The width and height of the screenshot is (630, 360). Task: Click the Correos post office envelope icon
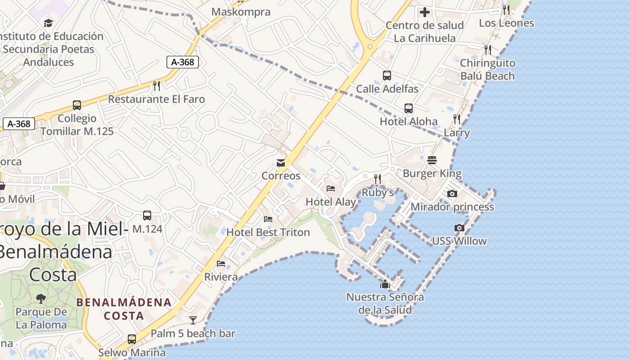tap(281, 162)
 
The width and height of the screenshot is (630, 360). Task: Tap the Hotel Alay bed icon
tap(331, 189)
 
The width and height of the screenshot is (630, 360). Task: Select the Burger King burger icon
tap(432, 160)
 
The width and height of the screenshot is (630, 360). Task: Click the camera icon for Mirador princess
tap(452, 193)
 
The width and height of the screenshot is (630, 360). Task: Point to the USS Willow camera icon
tap(459, 228)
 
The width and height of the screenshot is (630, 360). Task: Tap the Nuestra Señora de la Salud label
tap(385, 303)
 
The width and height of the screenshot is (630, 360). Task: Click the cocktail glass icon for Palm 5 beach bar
tap(193, 320)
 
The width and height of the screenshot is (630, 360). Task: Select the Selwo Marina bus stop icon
tap(132, 339)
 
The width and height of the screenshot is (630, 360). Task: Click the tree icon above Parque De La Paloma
tap(41, 298)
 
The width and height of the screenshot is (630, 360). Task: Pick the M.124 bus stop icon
tap(147, 216)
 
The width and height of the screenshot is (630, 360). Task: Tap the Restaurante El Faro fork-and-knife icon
tap(157, 85)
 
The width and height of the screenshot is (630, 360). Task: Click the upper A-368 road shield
tap(183, 62)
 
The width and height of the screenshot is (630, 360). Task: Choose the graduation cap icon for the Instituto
tap(48, 23)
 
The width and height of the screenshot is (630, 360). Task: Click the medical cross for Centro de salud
tap(424, 12)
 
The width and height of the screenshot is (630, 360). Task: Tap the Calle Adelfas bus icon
tap(387, 76)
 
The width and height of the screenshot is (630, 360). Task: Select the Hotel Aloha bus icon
tap(408, 108)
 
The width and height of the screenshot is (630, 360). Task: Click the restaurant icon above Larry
tap(457, 119)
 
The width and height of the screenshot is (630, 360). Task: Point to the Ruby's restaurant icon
tap(378, 179)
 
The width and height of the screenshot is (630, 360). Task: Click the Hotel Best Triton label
tap(268, 232)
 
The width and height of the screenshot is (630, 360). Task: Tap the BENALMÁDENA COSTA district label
tap(124, 309)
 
